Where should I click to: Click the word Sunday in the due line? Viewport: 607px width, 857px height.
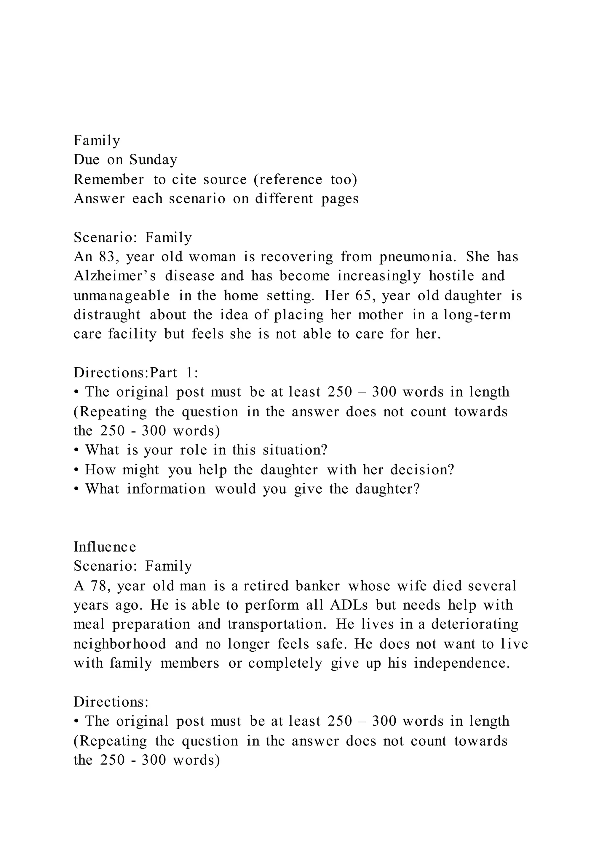153,160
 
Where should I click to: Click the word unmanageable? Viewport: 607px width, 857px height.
122,296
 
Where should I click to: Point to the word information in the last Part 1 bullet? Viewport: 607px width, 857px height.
166,489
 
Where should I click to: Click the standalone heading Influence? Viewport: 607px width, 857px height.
105,547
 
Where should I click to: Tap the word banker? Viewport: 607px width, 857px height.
318,586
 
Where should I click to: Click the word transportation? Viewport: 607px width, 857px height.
277,624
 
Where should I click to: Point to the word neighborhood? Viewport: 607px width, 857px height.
120,644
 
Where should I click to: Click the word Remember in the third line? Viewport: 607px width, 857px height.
109,180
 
